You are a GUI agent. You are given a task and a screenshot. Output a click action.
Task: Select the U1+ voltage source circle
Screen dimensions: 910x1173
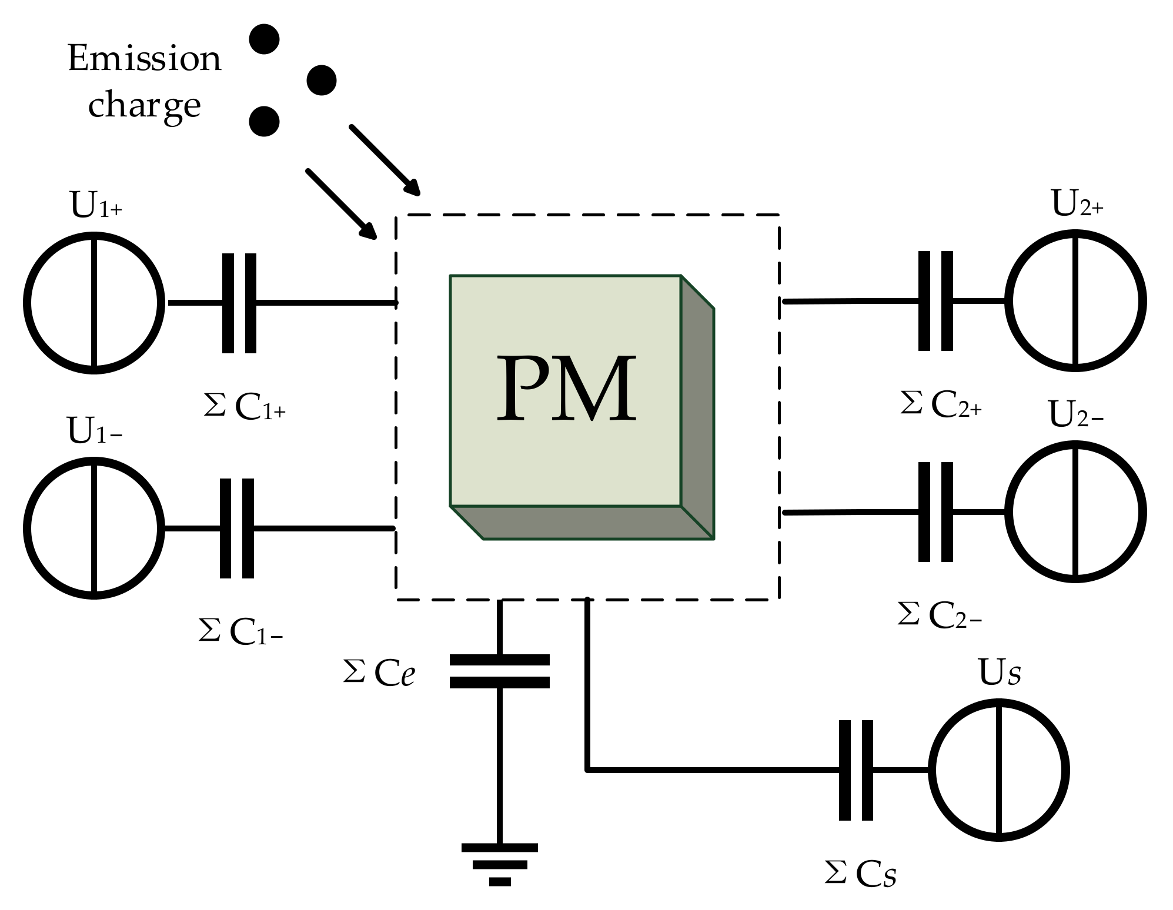pos(93,302)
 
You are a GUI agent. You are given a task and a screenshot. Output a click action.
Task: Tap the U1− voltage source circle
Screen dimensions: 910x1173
pos(93,528)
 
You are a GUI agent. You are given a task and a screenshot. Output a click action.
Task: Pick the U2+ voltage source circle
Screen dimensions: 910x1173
pos(1075,301)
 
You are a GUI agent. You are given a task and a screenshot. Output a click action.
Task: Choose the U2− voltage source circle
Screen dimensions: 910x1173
pos(1075,512)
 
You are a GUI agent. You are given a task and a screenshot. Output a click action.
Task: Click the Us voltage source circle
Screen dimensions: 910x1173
pos(998,770)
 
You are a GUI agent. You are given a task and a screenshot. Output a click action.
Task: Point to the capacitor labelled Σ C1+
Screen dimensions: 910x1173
pos(239,303)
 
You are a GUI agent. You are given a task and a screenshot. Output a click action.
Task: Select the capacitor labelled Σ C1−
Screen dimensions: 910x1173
pos(237,528)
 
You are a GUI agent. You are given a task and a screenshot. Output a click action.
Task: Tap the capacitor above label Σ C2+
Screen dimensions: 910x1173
pos(935,301)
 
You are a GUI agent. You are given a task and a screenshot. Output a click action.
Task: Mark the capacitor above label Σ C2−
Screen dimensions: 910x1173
pos(935,512)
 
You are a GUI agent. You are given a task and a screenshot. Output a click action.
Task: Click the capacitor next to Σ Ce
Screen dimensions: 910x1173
pos(499,671)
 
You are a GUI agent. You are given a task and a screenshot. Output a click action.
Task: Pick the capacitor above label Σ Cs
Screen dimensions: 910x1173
pos(855,770)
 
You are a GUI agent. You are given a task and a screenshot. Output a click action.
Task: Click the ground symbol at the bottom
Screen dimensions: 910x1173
pos(499,865)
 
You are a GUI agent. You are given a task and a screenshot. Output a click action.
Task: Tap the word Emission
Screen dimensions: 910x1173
pos(145,59)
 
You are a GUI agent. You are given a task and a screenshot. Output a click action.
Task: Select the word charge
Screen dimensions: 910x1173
pos(145,106)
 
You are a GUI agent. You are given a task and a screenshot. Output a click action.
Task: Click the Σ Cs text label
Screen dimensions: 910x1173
pos(860,874)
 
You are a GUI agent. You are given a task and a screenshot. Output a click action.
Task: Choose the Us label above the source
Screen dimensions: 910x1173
pos(999,673)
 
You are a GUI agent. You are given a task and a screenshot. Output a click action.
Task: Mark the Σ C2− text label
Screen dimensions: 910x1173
pos(939,615)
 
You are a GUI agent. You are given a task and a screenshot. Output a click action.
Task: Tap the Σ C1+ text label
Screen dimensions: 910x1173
pos(245,407)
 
